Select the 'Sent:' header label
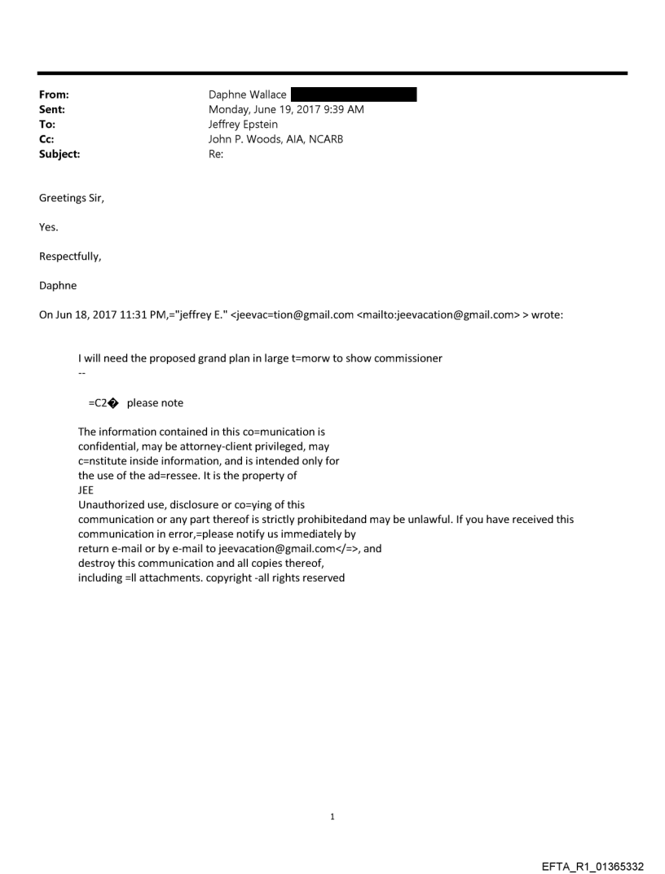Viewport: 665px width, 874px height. click(x=51, y=110)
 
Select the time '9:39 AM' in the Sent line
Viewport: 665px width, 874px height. click(x=343, y=110)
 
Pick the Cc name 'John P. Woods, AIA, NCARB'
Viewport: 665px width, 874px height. click(x=276, y=138)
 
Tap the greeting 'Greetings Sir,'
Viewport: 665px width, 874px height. click(x=72, y=199)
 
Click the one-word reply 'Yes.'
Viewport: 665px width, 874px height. click(x=49, y=227)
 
